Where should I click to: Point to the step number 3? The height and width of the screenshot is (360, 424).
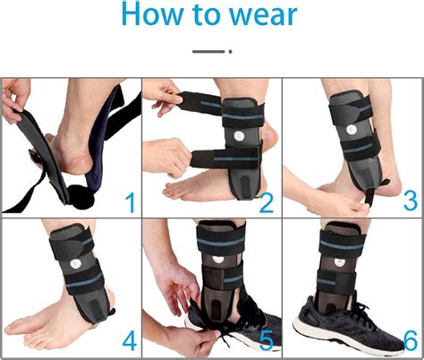408,200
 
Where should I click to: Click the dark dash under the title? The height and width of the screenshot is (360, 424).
208,51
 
